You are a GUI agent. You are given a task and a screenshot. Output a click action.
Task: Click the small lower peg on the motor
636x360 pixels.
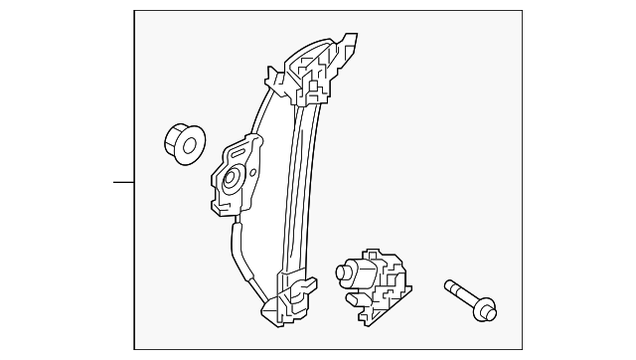point(352,297)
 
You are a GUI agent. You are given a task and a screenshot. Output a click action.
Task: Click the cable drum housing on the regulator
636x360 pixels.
point(236,176)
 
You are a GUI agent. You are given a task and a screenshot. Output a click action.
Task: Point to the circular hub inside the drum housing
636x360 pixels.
point(231,180)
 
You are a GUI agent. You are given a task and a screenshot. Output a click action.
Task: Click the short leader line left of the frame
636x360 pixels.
point(122,183)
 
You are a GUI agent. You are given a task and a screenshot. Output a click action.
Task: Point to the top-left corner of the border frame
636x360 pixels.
point(134,11)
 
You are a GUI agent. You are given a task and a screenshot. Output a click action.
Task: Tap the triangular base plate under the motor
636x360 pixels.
point(382,309)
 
